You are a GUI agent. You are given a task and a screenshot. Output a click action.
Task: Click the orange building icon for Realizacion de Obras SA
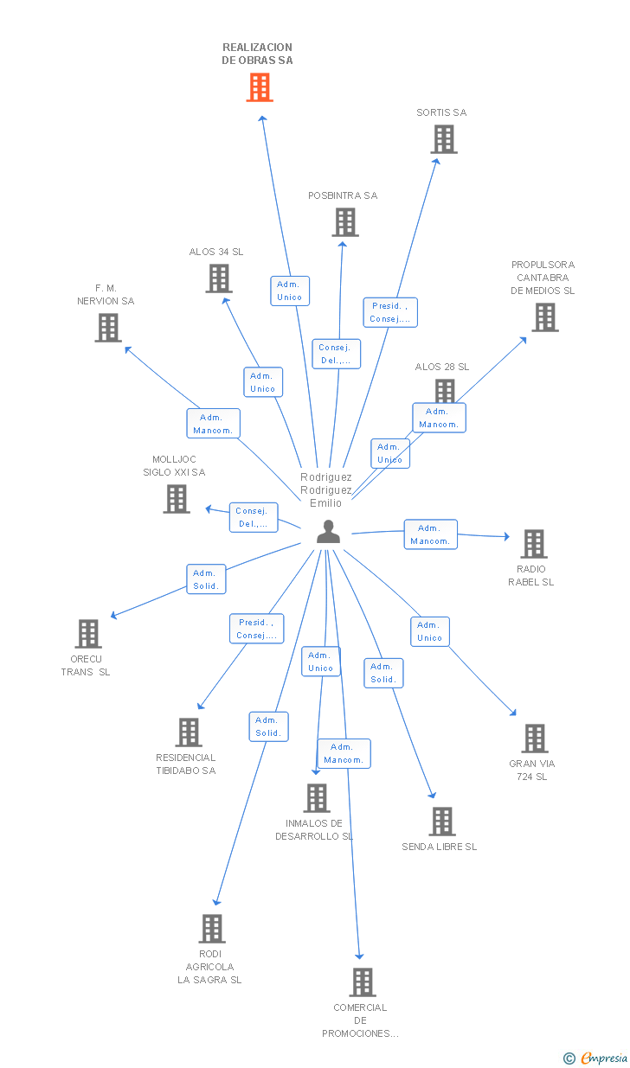pyautogui.click(x=260, y=87)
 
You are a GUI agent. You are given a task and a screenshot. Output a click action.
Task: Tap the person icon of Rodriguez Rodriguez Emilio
pyautogui.click(x=328, y=532)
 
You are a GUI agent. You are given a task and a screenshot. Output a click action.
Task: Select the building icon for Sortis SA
pyautogui.click(x=443, y=139)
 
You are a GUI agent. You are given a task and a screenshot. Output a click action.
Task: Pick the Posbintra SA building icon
pyautogui.click(x=344, y=222)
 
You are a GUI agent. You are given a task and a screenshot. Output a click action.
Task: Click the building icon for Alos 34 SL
pyautogui.click(x=219, y=278)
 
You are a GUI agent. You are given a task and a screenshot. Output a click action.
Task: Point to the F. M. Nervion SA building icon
pyautogui.click(x=108, y=328)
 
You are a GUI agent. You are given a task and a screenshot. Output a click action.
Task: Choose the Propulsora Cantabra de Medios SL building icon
pyautogui.click(x=544, y=317)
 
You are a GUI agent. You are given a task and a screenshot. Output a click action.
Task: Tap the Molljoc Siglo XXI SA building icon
pyautogui.click(x=177, y=499)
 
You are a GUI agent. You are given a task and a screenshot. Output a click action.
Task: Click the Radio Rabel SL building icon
pyautogui.click(x=533, y=544)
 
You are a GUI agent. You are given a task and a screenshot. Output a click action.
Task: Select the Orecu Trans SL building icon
pyautogui.click(x=88, y=634)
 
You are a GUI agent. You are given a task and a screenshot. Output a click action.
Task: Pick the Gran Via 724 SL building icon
pyautogui.click(x=535, y=739)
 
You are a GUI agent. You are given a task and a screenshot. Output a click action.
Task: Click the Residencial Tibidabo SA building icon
pyautogui.click(x=188, y=732)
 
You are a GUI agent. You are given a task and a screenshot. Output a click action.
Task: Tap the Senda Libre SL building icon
pyautogui.click(x=441, y=822)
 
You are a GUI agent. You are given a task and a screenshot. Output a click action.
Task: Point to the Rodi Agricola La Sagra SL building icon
pyautogui.click(x=212, y=929)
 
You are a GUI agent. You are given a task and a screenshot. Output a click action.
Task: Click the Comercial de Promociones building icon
pyautogui.click(x=362, y=982)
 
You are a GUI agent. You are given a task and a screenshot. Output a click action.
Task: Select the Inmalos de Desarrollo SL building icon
pyautogui.click(x=317, y=798)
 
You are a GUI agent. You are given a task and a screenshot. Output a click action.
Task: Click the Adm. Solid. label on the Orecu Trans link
pyautogui.click(x=206, y=579)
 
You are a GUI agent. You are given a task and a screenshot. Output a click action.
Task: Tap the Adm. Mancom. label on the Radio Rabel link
pyautogui.click(x=430, y=534)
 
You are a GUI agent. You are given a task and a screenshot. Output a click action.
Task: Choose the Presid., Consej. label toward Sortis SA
pyautogui.click(x=390, y=312)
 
